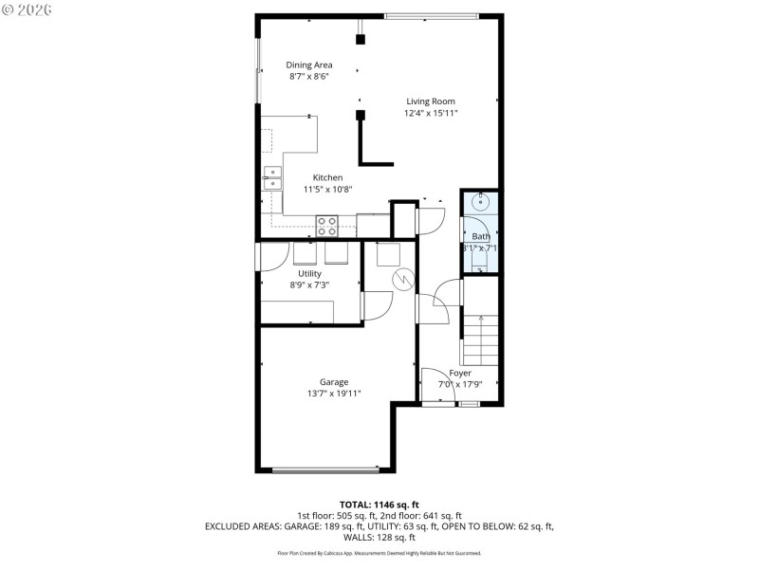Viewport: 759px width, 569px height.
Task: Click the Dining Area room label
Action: pos(309,65)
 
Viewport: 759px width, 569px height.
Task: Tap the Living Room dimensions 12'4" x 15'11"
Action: pos(431,113)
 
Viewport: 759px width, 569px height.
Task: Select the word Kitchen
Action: pos(327,177)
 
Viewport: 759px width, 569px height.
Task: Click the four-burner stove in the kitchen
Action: pos(327,226)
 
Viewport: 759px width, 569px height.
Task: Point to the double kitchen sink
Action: pos(272,177)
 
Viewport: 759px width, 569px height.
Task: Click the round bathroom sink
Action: pos(481,201)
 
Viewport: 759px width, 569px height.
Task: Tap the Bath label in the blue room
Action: pos(481,236)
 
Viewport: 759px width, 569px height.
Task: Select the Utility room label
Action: pos(309,273)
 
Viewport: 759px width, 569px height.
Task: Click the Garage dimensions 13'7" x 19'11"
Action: pos(333,394)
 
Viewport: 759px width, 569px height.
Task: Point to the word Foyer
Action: pos(460,373)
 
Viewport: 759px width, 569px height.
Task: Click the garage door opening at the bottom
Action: pos(325,468)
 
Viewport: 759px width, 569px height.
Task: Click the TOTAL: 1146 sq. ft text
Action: pos(379,504)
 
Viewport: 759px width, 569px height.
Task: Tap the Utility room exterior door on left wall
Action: pos(258,257)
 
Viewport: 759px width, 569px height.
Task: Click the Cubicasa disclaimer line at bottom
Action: pos(379,553)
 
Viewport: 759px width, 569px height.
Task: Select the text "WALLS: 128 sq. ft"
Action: pos(379,536)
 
